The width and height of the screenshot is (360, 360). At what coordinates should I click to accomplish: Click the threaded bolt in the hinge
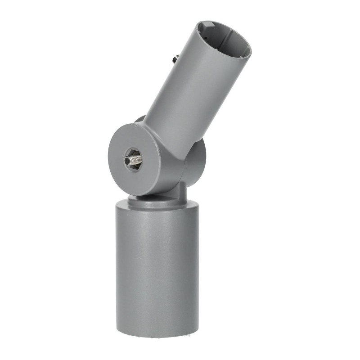[134, 159]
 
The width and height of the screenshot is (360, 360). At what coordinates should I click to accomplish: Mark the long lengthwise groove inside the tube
[234, 45]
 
